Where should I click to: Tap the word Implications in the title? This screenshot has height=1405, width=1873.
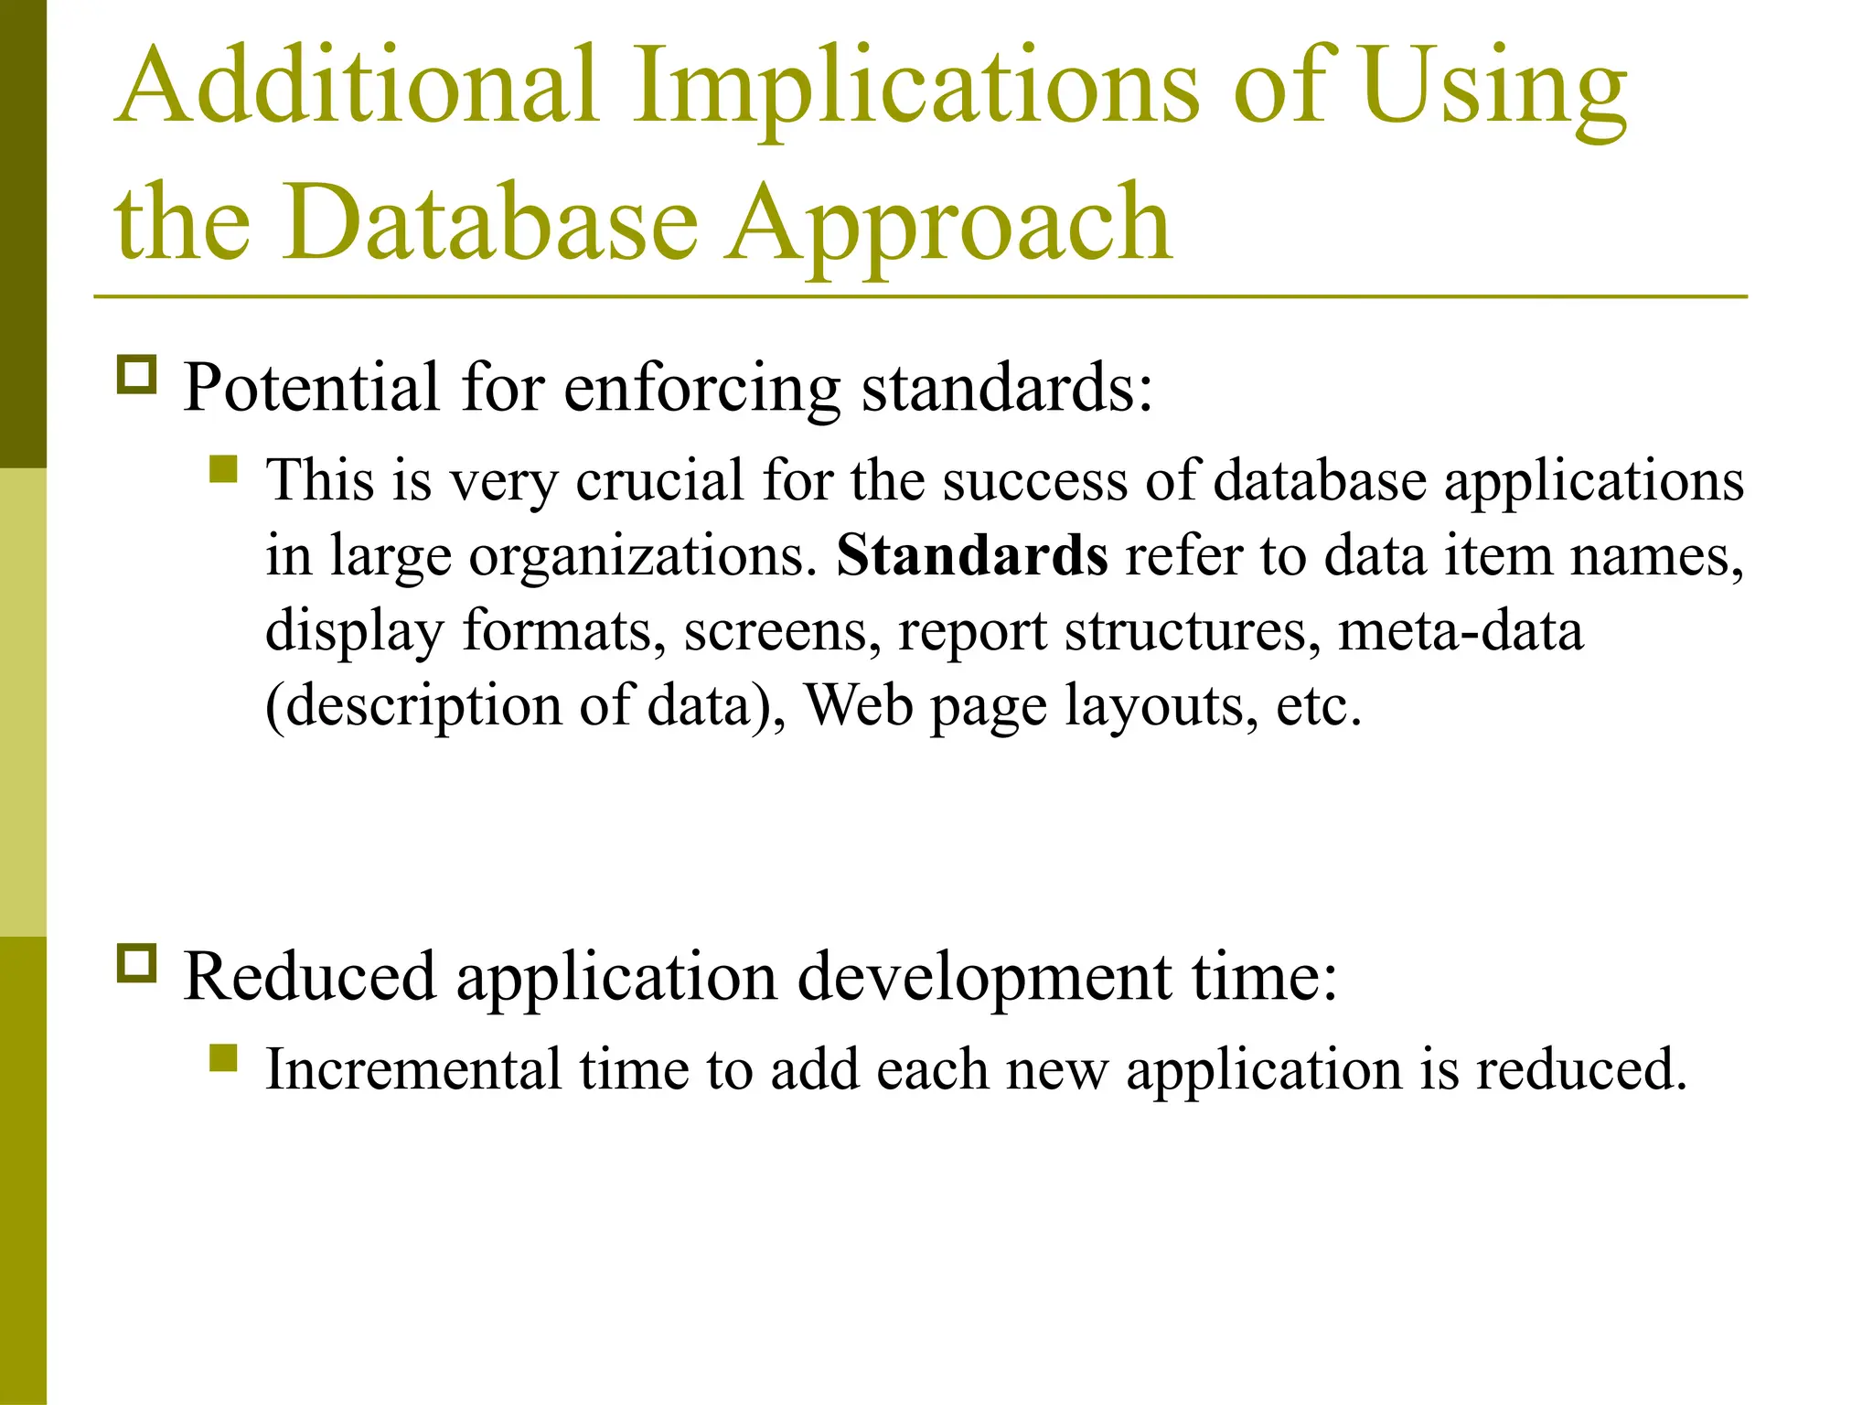click(915, 88)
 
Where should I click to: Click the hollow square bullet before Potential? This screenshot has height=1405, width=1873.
click(137, 375)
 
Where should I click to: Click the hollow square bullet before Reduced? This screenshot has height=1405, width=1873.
click(137, 963)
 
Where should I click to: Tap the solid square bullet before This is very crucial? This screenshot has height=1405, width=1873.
click(223, 469)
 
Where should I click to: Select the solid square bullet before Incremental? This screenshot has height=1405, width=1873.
click(223, 1058)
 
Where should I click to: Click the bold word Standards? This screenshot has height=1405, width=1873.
click(972, 554)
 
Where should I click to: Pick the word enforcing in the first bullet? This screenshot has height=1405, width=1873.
click(701, 388)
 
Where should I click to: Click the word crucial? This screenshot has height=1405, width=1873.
click(659, 481)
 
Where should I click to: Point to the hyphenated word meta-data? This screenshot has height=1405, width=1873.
click(1461, 630)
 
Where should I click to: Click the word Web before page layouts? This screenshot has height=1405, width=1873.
click(859, 705)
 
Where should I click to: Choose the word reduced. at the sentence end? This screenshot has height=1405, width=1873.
click(1581, 1068)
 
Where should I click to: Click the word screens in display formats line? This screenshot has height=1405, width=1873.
click(782, 630)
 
